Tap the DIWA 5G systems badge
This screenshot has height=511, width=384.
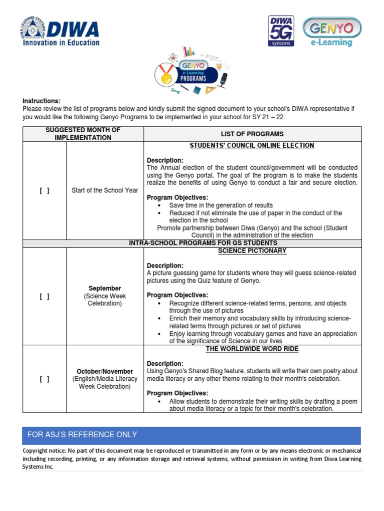[x=282, y=31]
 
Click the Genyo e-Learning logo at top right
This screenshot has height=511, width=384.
[x=334, y=32]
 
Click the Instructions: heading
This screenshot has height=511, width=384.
[x=41, y=101]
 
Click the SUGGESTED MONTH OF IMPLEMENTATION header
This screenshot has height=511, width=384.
[x=83, y=134]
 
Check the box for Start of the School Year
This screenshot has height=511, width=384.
[x=44, y=190]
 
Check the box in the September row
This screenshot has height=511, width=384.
[x=44, y=296]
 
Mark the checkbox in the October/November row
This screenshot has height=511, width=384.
[x=44, y=379]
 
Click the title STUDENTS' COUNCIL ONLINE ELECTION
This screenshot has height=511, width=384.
[x=252, y=146]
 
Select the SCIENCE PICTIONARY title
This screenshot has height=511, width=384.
[x=252, y=251]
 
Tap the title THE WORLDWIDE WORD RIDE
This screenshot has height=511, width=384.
[x=252, y=349]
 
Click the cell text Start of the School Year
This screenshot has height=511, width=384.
[x=105, y=190]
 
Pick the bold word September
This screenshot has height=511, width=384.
[x=105, y=288]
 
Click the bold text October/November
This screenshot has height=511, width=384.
[x=105, y=372]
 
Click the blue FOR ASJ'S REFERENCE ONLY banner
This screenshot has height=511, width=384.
[x=192, y=435]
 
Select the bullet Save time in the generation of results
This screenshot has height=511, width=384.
[x=221, y=205]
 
